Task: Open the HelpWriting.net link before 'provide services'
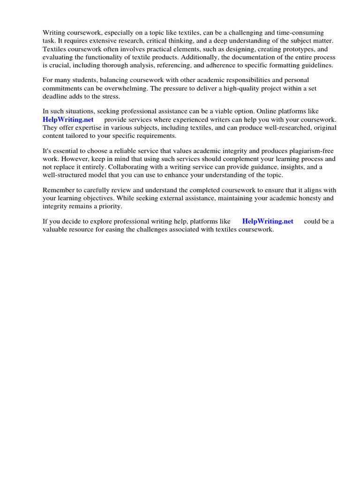point(68,120)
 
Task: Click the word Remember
point(58,190)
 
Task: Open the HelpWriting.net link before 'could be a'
point(268,221)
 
